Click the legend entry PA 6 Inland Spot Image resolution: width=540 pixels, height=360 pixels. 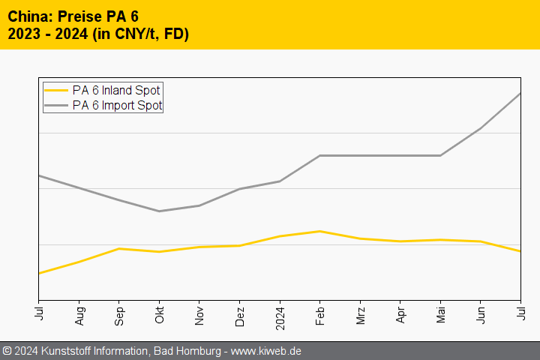116,90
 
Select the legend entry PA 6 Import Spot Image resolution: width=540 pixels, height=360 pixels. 117,106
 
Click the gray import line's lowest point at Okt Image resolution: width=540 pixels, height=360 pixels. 159,211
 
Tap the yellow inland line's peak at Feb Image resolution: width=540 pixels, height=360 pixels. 320,231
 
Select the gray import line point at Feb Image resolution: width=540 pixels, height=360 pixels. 320,155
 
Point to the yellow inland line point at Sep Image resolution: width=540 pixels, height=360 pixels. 119,248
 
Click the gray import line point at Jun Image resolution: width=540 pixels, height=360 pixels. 481,128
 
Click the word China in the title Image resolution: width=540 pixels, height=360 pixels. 28,16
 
